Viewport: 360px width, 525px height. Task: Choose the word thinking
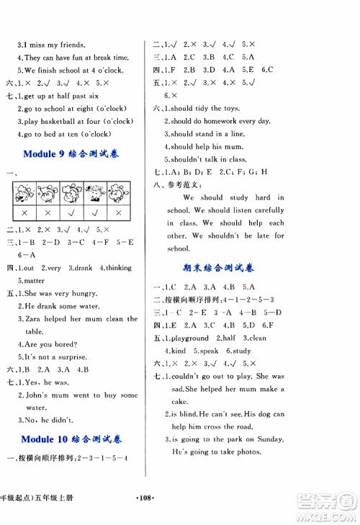click(x=118, y=268)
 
